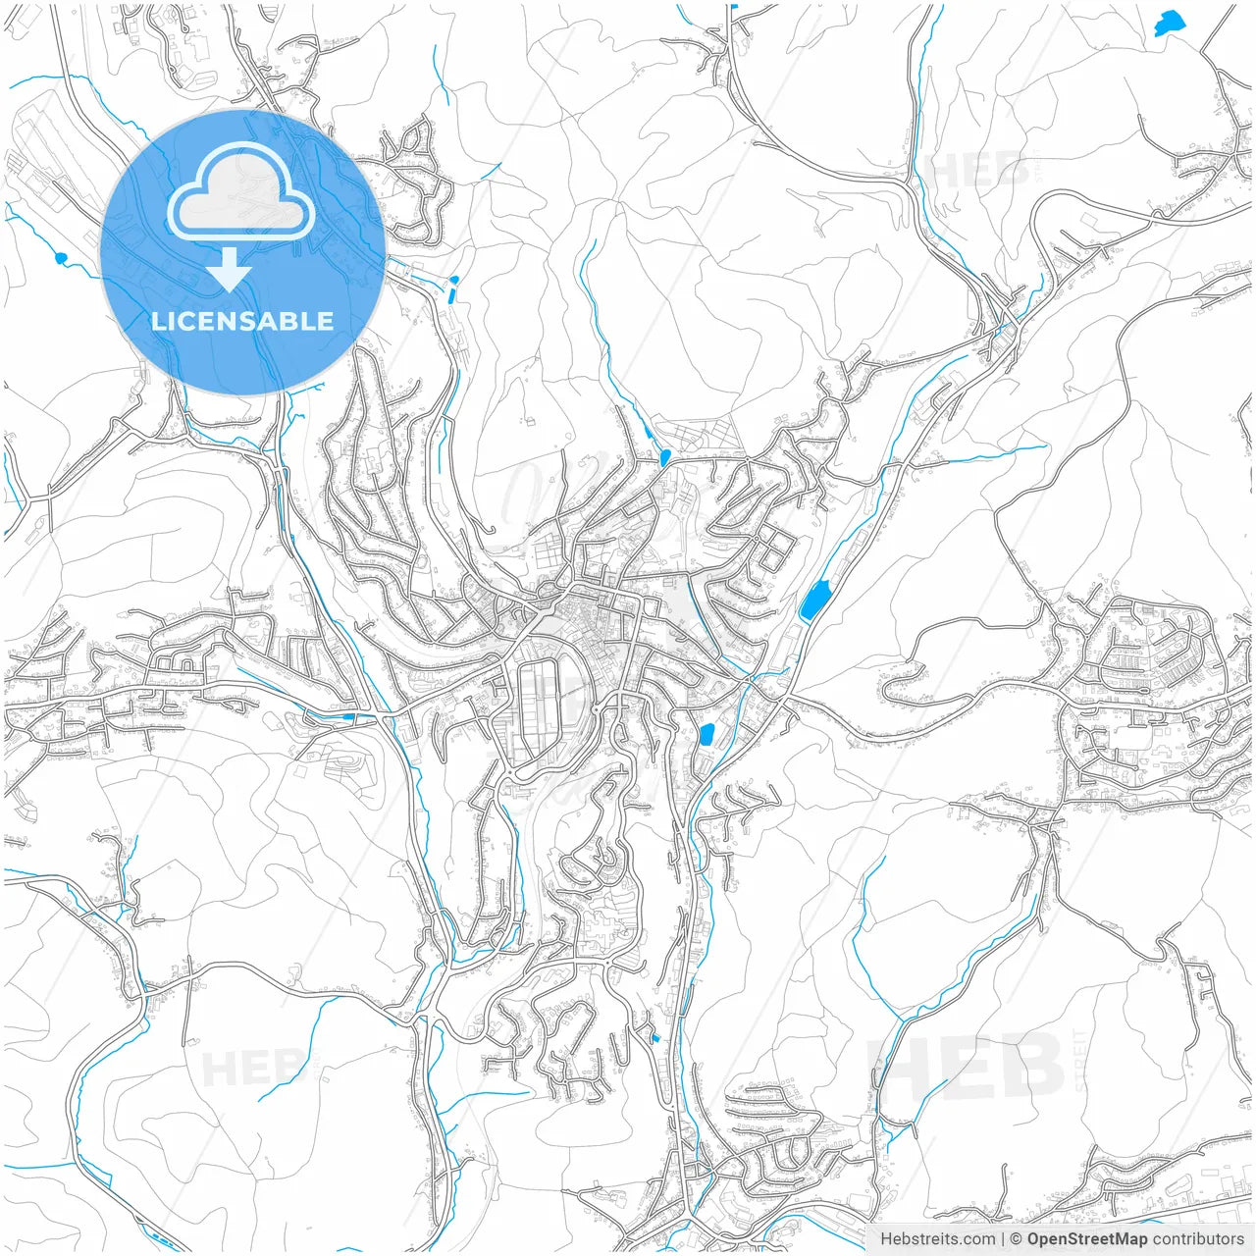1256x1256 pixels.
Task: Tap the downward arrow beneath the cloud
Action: [230, 270]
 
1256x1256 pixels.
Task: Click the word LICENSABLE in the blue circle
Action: [242, 321]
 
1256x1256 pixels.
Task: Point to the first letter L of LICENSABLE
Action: [158, 321]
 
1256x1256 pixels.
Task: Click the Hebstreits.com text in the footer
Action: [937, 1239]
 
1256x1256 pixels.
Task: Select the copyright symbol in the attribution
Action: [1017, 1239]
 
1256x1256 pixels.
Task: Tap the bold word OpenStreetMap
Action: [1087, 1239]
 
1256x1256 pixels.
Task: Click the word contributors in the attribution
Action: [1198, 1239]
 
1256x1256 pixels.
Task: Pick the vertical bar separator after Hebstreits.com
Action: [1003, 1239]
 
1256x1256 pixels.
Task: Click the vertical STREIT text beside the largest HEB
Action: [1080, 1060]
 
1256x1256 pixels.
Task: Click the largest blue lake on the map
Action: [814, 600]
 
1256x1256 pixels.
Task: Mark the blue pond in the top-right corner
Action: [1168, 23]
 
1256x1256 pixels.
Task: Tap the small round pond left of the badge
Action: [61, 258]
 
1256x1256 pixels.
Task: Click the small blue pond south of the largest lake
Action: [706, 734]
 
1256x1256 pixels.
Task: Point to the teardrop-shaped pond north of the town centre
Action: [664, 456]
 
